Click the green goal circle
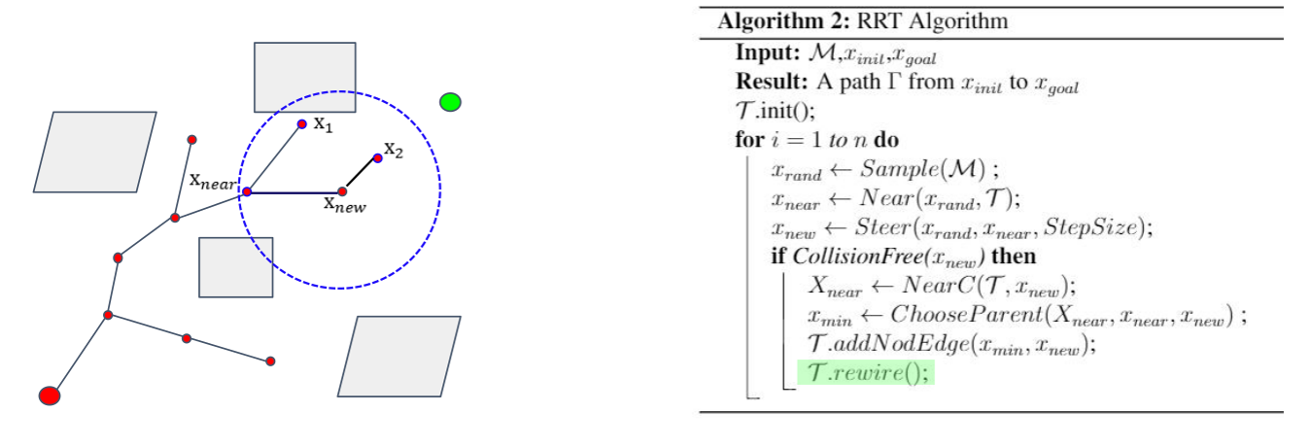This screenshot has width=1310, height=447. coord(450,101)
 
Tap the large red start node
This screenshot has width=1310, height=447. coord(50,395)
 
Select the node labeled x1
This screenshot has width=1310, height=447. coord(302,124)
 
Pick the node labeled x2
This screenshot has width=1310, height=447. coord(377,157)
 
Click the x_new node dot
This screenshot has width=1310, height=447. coord(342,191)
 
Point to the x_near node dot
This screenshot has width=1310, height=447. coord(247,191)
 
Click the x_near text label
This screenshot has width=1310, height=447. coord(214,180)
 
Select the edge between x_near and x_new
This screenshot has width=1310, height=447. coord(294,191)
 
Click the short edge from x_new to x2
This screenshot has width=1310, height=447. coord(360,175)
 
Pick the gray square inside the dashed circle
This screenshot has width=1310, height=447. coord(236,266)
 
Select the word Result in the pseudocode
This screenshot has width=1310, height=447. coord(766,85)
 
